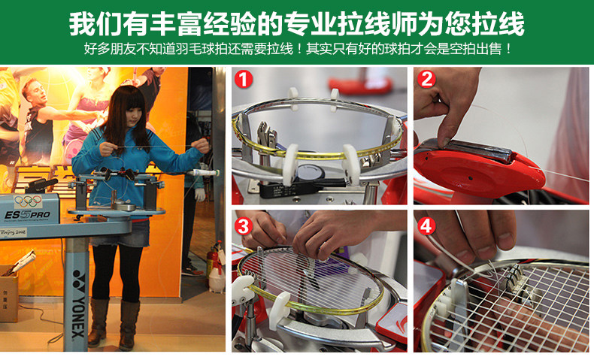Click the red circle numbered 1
243,80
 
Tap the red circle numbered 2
426,79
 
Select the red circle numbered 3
243,226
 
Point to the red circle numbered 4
426,226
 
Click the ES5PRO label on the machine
27,216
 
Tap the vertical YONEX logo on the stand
78,303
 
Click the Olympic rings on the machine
28,201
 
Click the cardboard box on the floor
8,292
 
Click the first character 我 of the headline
81,23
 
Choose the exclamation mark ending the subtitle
508,49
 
